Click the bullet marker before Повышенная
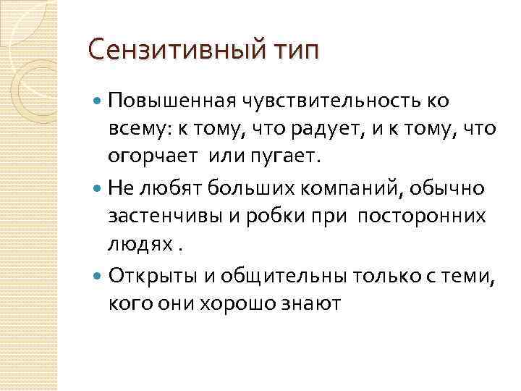[98, 101]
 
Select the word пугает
[296, 158]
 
